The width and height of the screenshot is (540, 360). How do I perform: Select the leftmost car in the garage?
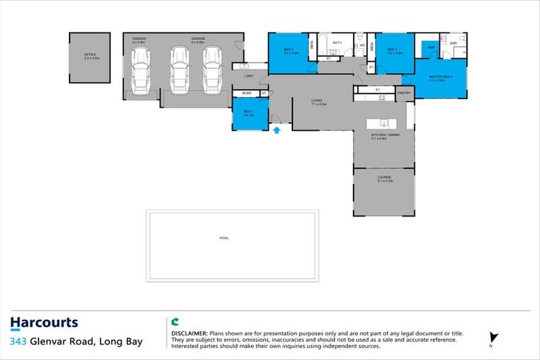(x=139, y=72)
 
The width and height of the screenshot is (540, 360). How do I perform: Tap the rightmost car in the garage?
(x=212, y=72)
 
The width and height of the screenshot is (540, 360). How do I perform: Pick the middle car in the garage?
(x=179, y=72)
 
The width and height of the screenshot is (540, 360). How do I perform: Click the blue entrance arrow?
(x=277, y=129)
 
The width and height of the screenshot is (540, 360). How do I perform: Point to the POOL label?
(x=224, y=238)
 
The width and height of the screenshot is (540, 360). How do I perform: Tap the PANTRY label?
(x=404, y=92)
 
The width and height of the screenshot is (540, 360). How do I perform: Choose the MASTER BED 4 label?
(x=441, y=77)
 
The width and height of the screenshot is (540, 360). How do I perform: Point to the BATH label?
(x=337, y=43)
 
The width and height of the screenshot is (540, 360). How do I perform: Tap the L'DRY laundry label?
(x=248, y=75)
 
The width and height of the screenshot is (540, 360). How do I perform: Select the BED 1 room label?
(x=248, y=112)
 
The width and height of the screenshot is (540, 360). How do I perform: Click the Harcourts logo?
(x=44, y=323)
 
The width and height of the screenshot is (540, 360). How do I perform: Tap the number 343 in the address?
(x=19, y=342)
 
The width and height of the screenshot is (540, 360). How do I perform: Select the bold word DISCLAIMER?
(x=189, y=332)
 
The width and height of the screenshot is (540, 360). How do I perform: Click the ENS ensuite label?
(x=453, y=42)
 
